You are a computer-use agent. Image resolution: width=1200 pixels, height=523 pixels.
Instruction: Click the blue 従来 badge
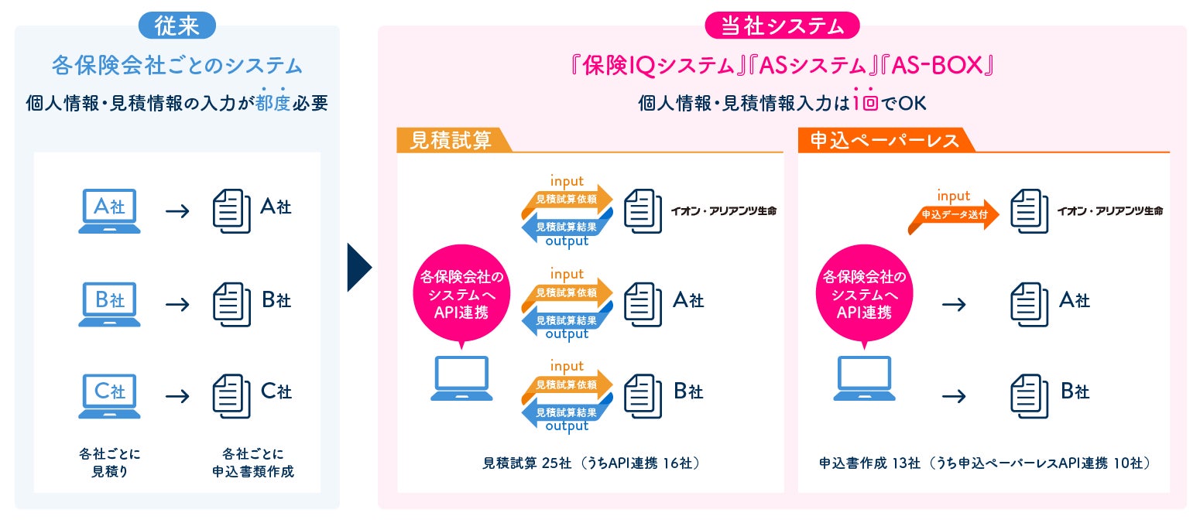click(177, 26)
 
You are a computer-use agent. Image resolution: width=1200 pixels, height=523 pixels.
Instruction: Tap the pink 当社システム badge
click(782, 26)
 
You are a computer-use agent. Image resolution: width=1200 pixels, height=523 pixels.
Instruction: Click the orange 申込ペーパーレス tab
click(883, 140)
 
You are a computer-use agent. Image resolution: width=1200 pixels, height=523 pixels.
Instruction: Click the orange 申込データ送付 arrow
click(953, 215)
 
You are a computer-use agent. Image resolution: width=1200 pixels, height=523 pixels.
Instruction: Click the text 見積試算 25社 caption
click(591, 463)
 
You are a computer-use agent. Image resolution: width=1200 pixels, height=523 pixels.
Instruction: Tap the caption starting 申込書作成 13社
click(984, 463)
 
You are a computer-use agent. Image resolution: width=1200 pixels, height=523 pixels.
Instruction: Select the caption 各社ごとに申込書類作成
click(253, 462)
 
